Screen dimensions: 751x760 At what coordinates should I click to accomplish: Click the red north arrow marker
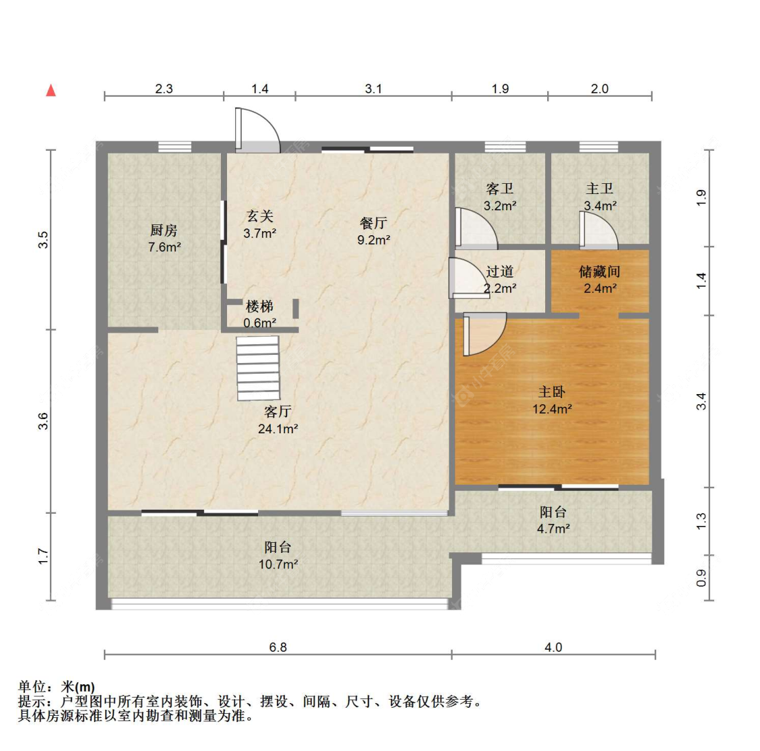pyautogui.click(x=51, y=91)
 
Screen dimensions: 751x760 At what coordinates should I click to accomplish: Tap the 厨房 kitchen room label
pyautogui.click(x=164, y=231)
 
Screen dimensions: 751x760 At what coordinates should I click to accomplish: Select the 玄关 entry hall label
pyautogui.click(x=259, y=216)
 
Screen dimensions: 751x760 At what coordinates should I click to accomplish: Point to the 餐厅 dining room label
pyautogui.click(x=373, y=223)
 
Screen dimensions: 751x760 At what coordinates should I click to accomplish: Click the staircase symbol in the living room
pyautogui.click(x=258, y=369)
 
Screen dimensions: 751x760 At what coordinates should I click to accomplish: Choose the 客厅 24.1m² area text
pyautogui.click(x=278, y=429)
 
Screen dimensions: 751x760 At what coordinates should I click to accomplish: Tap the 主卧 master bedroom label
pyautogui.click(x=552, y=392)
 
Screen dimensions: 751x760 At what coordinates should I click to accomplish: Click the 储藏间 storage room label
pyautogui.click(x=599, y=272)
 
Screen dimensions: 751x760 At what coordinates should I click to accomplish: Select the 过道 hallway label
pyautogui.click(x=500, y=272)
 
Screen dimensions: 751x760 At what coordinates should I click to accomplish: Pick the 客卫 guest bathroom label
pyautogui.click(x=500, y=189)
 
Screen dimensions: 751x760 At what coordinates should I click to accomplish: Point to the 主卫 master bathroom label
pyautogui.click(x=599, y=189)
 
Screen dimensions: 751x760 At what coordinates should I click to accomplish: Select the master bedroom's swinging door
pyautogui.click(x=483, y=334)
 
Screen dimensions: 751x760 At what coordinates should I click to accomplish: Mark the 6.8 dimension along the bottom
pyautogui.click(x=278, y=647)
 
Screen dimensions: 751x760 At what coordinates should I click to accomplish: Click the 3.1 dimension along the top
pyautogui.click(x=373, y=89)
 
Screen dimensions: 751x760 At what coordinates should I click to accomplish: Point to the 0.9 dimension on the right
pyautogui.click(x=701, y=578)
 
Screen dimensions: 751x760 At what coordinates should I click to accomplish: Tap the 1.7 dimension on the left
pyautogui.click(x=43, y=556)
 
